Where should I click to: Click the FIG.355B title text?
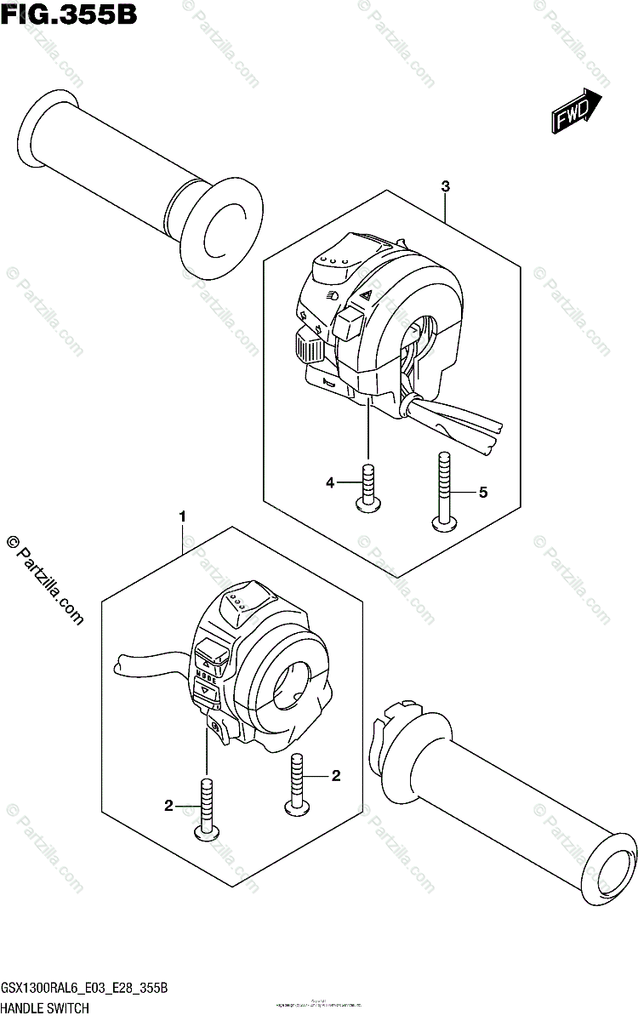(x=69, y=14)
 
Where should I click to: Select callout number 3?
(x=445, y=186)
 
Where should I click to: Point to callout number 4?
(x=329, y=483)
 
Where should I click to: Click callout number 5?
(x=482, y=492)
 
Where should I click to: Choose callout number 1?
(x=181, y=516)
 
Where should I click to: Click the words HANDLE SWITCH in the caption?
(x=45, y=1008)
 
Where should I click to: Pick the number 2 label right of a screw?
(x=335, y=775)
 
